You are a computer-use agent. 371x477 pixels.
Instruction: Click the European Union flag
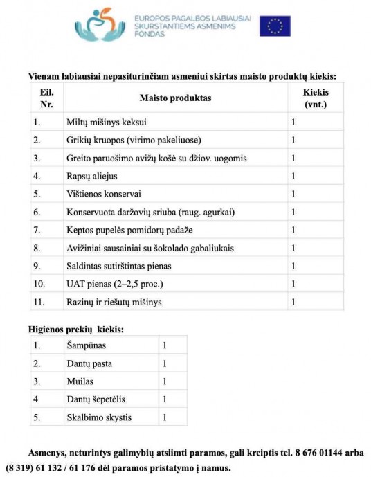tap(275, 26)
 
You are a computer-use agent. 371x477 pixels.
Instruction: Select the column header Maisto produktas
tap(175, 98)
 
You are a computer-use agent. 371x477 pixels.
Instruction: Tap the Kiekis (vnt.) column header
tap(315, 98)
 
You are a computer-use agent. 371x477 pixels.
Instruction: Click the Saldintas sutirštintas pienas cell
tap(118, 266)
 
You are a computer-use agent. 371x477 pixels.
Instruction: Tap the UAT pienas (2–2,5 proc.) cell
tap(115, 284)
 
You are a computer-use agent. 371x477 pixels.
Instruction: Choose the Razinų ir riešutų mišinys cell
tap(114, 302)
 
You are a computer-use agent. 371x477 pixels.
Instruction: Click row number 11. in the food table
tap(39, 302)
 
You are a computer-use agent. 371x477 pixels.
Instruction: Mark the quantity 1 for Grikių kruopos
tap(294, 141)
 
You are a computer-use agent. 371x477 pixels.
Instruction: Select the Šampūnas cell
tap(87, 345)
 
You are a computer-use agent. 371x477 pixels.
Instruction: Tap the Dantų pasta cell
tap(89, 363)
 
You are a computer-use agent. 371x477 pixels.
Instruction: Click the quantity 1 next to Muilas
tap(164, 381)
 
